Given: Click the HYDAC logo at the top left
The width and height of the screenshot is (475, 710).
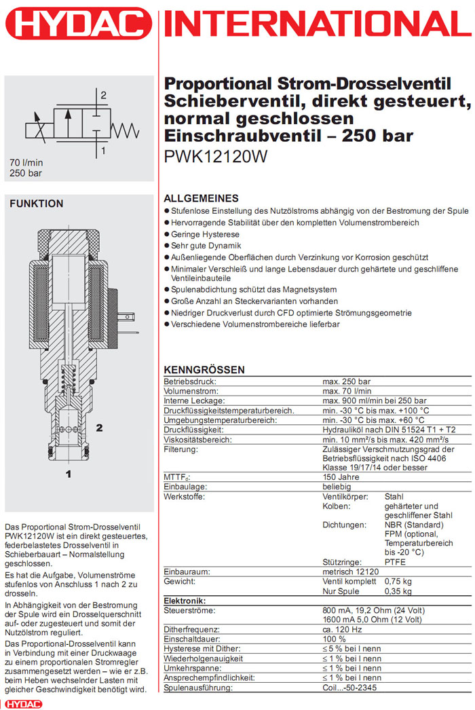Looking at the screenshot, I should click(76, 25).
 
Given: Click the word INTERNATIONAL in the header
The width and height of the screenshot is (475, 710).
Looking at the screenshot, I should click(318, 25).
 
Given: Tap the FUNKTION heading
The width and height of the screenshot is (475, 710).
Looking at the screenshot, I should click(36, 204).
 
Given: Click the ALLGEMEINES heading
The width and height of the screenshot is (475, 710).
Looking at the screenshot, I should click(202, 199).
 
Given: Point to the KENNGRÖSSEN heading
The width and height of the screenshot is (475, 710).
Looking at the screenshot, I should click(204, 370).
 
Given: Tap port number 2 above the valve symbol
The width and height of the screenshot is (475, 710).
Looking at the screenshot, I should click(104, 95).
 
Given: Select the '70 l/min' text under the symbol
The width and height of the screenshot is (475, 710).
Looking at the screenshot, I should click(25, 163).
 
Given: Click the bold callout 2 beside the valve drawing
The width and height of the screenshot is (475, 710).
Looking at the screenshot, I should click(100, 428).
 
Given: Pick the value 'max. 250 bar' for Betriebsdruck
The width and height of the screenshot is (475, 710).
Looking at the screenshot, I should click(346, 381).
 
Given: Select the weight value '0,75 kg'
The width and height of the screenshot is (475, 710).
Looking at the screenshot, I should click(398, 582).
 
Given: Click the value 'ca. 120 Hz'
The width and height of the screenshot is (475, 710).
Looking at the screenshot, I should click(343, 630).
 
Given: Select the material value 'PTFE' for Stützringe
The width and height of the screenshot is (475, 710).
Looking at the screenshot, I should click(396, 562).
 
